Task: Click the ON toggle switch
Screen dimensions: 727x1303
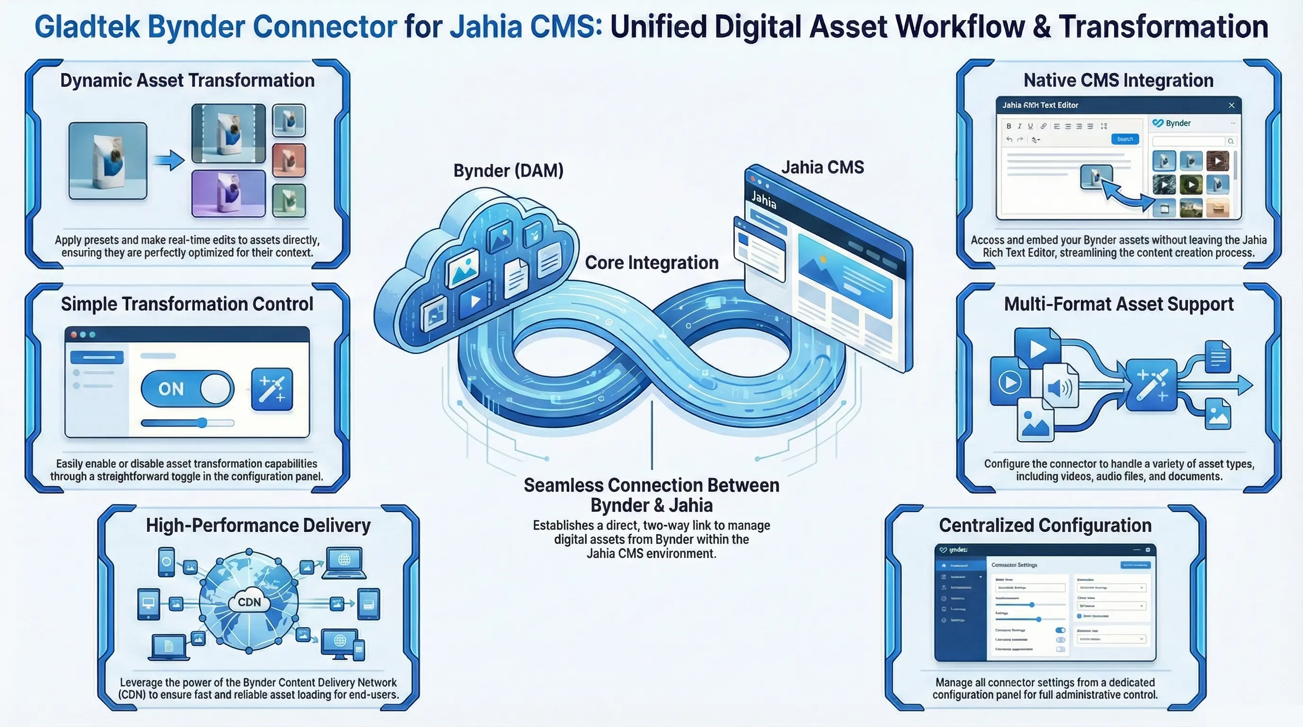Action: [x=187, y=388]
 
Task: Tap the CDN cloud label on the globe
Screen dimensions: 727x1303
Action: [x=249, y=602]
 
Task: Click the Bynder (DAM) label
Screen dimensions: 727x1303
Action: [x=508, y=171]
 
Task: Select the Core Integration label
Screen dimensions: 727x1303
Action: [x=651, y=263]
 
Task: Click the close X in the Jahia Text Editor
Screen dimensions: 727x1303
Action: [x=1231, y=105]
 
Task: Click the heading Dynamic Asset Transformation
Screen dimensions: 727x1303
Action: [x=187, y=80]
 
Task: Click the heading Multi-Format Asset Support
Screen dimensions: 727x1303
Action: [x=1118, y=304]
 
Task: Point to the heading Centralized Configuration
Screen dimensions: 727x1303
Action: [x=1045, y=525]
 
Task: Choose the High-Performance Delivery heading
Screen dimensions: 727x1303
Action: [x=258, y=525]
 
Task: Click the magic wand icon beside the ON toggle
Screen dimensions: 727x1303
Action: [x=272, y=388]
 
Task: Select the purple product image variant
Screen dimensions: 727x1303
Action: [x=228, y=194]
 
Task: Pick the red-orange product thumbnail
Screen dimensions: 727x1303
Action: [x=289, y=160]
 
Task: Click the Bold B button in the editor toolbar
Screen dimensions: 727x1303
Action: [x=1008, y=126]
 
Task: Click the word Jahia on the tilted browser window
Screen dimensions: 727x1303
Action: [x=763, y=200]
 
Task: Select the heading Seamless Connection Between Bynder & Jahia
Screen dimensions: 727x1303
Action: [x=651, y=495]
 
